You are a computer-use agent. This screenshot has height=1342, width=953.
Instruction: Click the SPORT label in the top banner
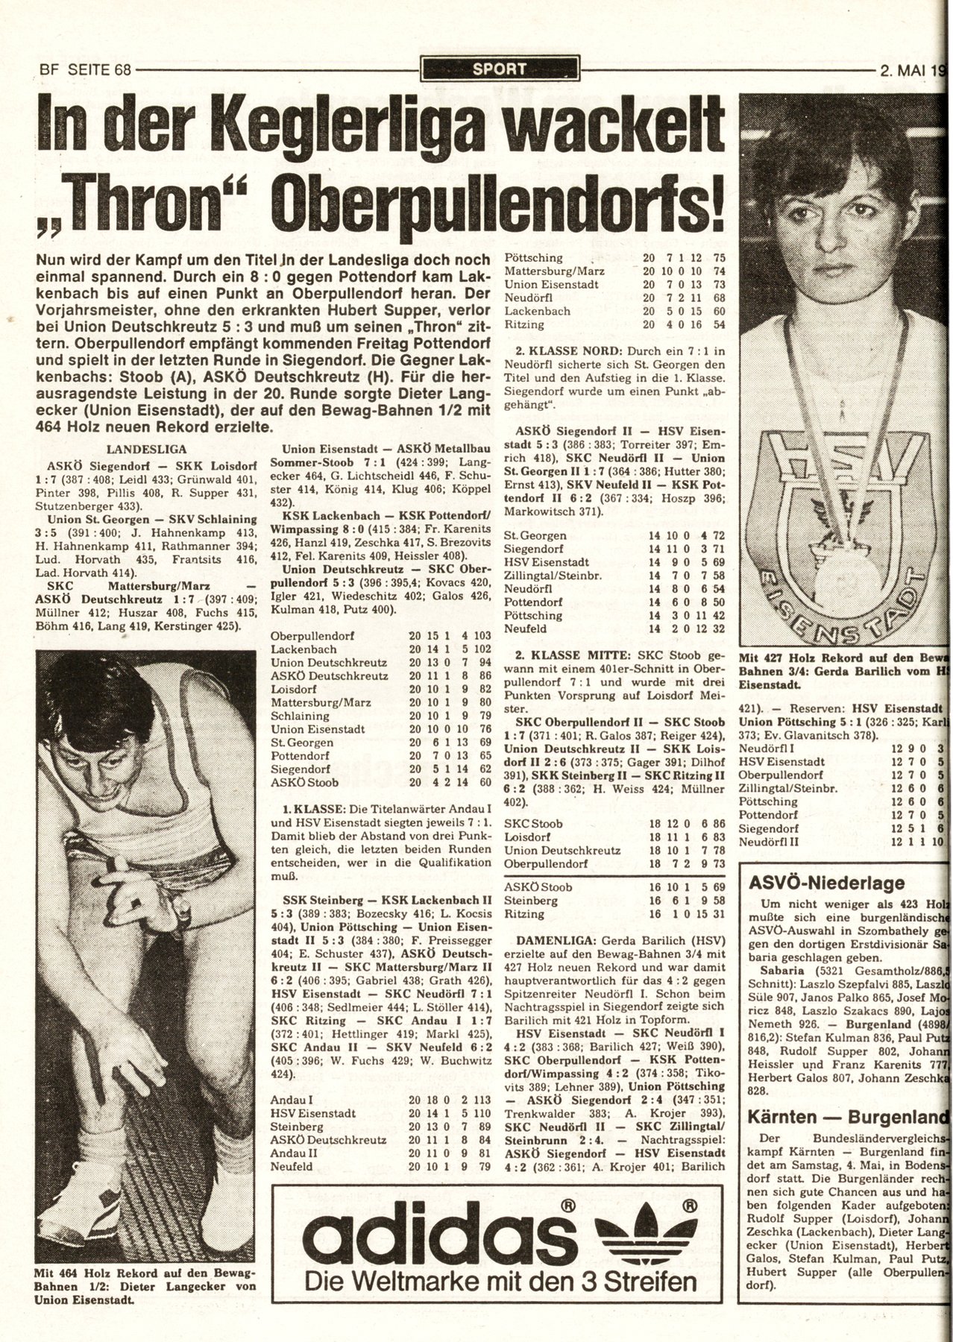click(x=500, y=69)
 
